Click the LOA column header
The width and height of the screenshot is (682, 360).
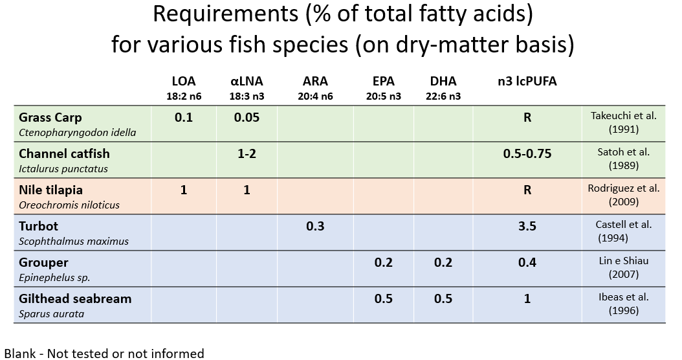tap(183, 82)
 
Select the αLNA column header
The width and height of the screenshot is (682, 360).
tap(247, 82)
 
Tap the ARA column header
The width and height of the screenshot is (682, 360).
tap(315, 82)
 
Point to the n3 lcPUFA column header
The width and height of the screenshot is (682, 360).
tap(527, 82)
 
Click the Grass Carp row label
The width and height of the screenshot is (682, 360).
tap(50, 118)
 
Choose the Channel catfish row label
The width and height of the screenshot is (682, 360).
tap(64, 154)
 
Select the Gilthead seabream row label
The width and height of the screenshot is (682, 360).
tap(75, 298)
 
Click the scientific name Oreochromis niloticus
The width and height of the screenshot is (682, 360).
tap(69, 205)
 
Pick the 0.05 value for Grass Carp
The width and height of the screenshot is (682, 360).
tap(247, 118)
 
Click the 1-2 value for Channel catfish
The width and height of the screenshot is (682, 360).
tap(247, 154)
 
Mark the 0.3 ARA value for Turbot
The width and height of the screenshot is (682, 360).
tap(315, 227)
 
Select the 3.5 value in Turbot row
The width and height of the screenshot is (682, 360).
tap(527, 227)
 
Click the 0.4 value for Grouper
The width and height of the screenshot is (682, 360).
tap(527, 263)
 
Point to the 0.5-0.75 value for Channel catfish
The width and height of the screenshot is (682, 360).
tap(527, 154)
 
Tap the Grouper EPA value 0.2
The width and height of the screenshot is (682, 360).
tap(383, 263)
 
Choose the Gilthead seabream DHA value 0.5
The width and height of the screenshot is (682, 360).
tap(443, 299)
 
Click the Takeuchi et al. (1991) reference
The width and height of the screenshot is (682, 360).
tap(624, 122)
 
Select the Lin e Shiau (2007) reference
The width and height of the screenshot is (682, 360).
tap(624, 267)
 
